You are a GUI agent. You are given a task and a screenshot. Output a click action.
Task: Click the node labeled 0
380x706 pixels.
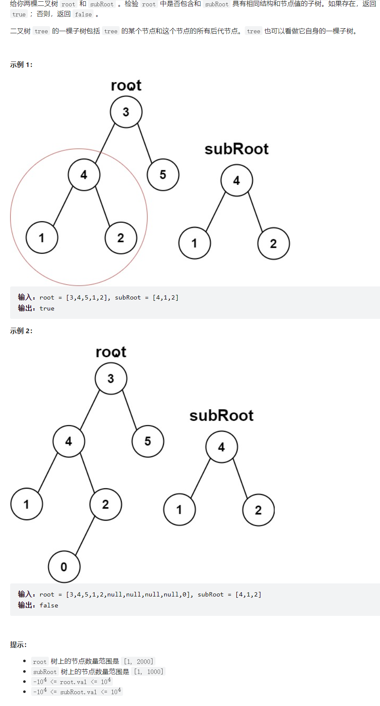point(64,567)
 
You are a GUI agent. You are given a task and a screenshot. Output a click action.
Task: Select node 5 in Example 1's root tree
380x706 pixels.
point(163,174)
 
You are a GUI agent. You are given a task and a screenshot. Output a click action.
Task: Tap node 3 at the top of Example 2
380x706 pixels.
point(111,378)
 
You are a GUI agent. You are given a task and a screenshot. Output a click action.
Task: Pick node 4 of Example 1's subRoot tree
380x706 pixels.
point(237,180)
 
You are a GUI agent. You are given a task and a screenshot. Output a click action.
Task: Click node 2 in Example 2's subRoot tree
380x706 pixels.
point(258,510)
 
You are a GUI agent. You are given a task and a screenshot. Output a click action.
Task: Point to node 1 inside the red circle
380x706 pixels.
point(42,238)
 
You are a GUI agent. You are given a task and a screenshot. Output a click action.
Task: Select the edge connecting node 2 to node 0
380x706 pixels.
point(85,535)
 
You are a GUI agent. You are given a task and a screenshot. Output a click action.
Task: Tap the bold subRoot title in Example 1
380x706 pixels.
point(236,149)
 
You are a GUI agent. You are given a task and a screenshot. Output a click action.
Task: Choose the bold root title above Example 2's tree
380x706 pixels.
point(111,352)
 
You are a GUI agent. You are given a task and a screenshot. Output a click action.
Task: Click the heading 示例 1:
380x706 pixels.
point(21,65)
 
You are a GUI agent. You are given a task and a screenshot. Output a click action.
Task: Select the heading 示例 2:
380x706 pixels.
point(21,331)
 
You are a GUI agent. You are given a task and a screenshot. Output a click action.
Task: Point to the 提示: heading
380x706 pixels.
point(19,644)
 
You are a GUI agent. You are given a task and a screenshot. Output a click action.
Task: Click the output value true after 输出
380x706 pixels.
point(47,308)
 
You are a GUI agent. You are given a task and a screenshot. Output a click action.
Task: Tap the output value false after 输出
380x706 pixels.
point(49,605)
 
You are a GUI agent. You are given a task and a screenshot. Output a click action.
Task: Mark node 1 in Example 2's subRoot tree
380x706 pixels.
point(179,510)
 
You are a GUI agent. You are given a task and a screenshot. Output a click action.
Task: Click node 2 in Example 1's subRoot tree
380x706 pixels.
point(273,243)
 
